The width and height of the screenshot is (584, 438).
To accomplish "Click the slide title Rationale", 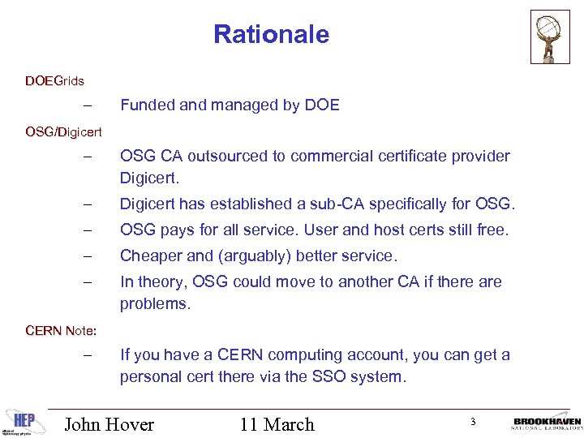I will click(271, 35).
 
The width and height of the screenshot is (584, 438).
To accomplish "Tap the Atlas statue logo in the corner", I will click(550, 36).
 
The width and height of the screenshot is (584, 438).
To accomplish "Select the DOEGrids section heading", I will click(54, 81).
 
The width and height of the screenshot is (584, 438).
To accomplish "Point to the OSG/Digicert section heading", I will click(63, 131).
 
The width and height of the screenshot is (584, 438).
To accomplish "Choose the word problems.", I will click(153, 303).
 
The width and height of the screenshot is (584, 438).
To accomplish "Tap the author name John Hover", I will click(109, 424).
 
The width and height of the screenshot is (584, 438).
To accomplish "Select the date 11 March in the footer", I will click(277, 424).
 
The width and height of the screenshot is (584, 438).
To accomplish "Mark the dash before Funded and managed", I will click(88, 105).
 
